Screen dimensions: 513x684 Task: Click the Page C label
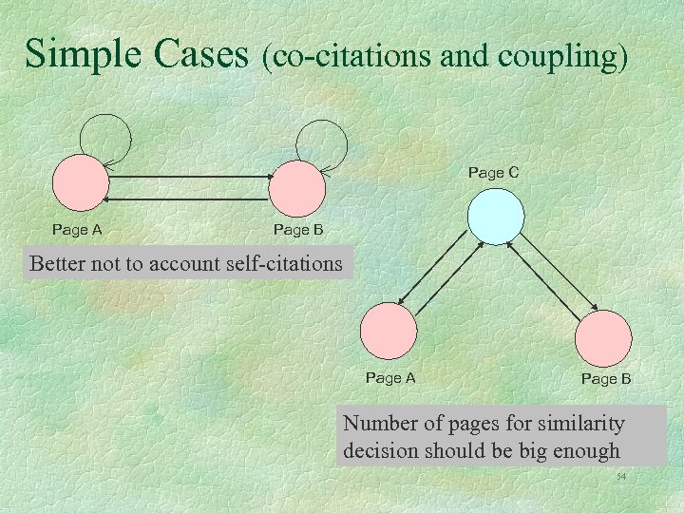tap(493, 173)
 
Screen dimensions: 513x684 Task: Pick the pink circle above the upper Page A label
tap(80, 187)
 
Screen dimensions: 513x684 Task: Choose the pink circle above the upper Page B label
tap(297, 187)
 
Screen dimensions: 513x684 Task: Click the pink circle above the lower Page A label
tap(389, 332)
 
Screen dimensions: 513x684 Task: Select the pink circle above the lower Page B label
tap(603, 337)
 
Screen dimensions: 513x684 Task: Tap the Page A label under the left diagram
tap(77, 230)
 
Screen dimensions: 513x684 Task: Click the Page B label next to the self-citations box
tap(298, 230)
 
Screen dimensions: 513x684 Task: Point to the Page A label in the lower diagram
tap(390, 378)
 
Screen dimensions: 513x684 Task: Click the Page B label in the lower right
tap(606, 379)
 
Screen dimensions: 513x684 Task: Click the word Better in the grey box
tap(58, 264)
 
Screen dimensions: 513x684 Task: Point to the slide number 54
tap(622, 476)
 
